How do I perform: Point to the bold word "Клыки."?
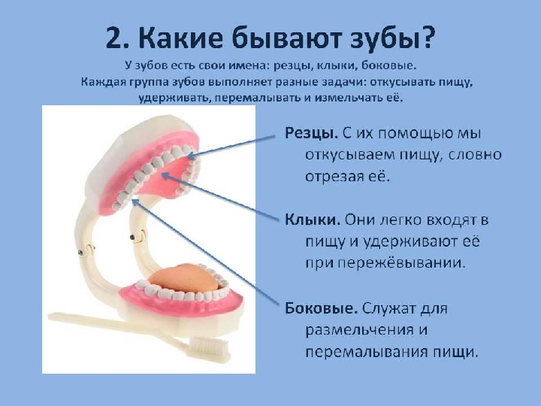click(313, 220)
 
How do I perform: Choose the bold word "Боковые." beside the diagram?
click(322, 308)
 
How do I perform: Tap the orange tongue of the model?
click(185, 279)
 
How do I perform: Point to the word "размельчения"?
click(360, 330)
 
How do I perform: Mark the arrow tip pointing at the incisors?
click(188, 157)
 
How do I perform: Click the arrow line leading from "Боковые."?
click(205, 251)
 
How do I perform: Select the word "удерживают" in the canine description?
click(410, 242)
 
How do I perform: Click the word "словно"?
click(476, 156)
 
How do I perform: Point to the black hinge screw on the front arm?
click(131, 238)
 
